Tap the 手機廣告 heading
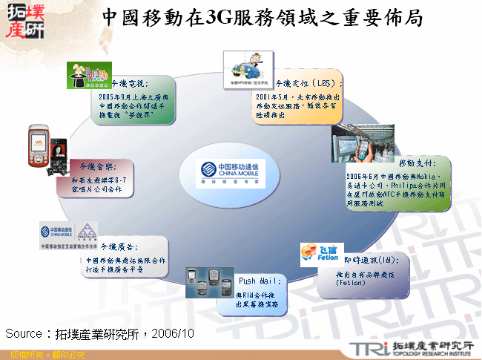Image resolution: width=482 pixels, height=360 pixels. tap(119, 246)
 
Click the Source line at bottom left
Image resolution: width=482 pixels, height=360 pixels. tap(100, 333)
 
